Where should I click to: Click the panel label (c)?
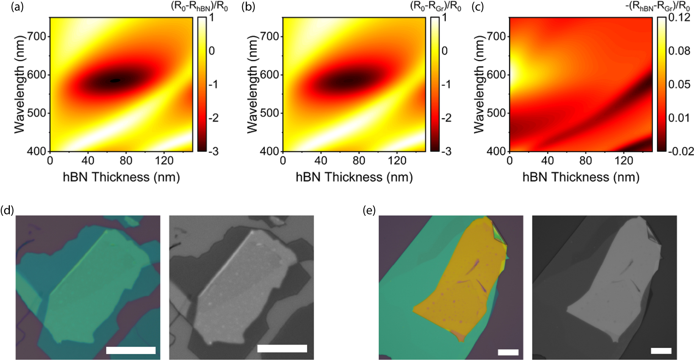[x=477, y=7]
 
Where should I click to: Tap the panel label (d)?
[x=7, y=210]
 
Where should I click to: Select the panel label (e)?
[x=369, y=210]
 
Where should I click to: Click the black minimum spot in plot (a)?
[x=115, y=80]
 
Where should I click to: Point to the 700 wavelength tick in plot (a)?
[x=37, y=37]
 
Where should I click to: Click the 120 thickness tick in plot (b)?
[x=397, y=161]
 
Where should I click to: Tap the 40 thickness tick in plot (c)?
[x=547, y=161]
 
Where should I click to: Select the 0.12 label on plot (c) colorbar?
[x=678, y=17]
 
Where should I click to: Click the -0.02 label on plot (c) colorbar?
[x=681, y=151]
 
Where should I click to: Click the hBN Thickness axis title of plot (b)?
[x=354, y=177]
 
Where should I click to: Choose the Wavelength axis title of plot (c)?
[x=479, y=84]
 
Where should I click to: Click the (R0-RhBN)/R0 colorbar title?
[x=200, y=7]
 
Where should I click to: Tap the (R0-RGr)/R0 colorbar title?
[x=436, y=7]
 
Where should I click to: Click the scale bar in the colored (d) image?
[x=131, y=350]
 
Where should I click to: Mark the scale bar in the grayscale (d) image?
[x=282, y=348]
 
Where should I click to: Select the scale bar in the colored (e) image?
[x=508, y=352]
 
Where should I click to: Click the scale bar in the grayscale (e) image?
[x=661, y=351]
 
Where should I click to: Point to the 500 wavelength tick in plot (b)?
[x=270, y=113]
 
